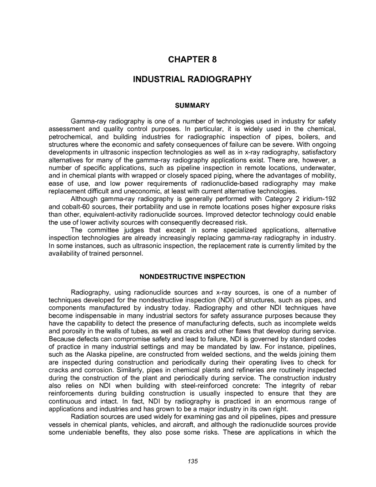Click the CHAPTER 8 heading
(192, 60)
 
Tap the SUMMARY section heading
(192, 106)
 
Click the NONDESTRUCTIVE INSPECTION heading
(192, 277)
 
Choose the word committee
(102, 230)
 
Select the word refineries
(255, 370)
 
